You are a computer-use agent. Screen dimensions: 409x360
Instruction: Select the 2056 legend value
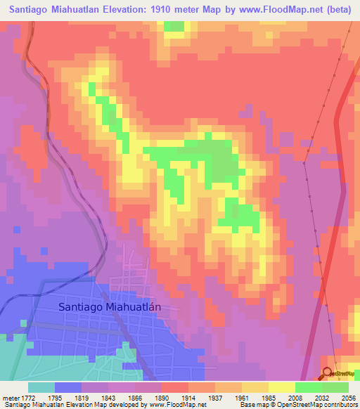(348, 397)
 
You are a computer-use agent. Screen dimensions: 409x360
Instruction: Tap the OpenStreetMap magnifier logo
(328, 373)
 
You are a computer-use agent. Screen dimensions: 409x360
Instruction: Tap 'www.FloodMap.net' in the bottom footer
(173, 405)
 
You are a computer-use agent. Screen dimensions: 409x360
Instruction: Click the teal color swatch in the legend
(41, 387)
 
